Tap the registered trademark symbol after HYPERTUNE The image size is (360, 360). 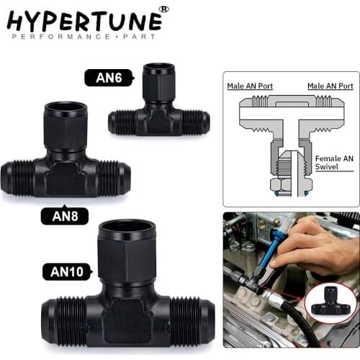click(x=163, y=9)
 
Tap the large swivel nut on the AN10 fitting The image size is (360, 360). click(x=127, y=251)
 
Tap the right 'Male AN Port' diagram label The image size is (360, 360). click(x=330, y=86)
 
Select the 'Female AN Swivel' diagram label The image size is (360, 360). click(x=333, y=162)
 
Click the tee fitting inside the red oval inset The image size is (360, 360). click(x=330, y=300)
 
